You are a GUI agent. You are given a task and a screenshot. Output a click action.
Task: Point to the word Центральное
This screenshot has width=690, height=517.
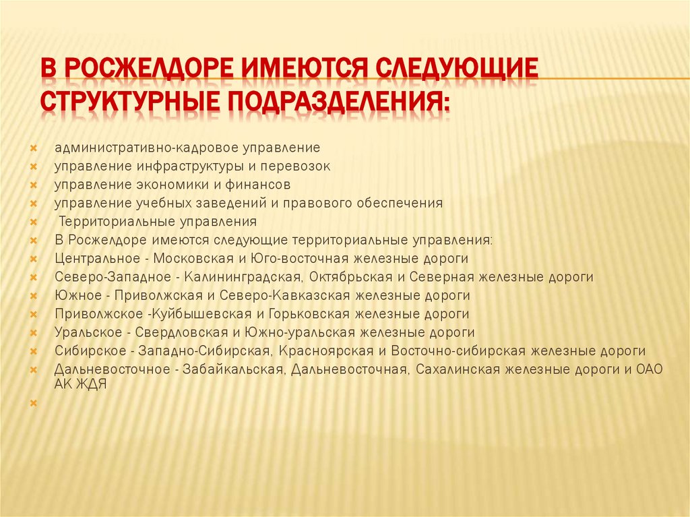point(101,258)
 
